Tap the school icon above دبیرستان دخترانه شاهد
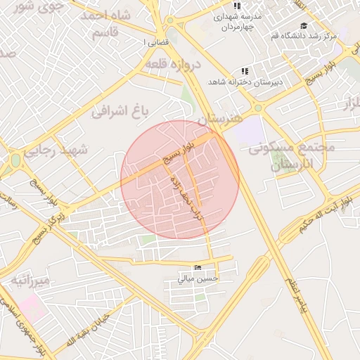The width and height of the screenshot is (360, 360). coord(245,71)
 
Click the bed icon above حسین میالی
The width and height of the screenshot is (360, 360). coord(198,268)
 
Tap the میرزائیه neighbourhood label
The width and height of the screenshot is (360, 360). coord(30,282)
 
